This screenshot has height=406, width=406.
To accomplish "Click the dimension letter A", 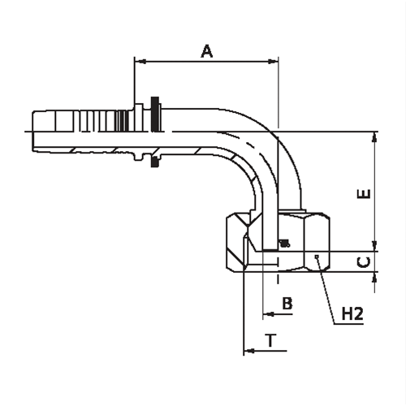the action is coord(207,51).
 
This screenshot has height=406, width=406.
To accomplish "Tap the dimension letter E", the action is coord(364,194).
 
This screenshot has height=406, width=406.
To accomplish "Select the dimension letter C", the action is coord(364,262).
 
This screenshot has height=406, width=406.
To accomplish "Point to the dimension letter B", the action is coord(287,303).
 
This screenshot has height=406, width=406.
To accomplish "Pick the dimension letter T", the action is coord(271,340).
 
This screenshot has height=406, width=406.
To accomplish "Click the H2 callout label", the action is coord(352,313).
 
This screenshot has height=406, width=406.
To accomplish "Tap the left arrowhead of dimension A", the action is coord(140,62).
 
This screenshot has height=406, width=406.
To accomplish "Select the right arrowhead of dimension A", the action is coord(273,62).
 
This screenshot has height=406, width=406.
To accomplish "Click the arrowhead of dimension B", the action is coord(269,314).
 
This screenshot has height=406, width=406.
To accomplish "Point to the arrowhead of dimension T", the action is coord(249,351).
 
